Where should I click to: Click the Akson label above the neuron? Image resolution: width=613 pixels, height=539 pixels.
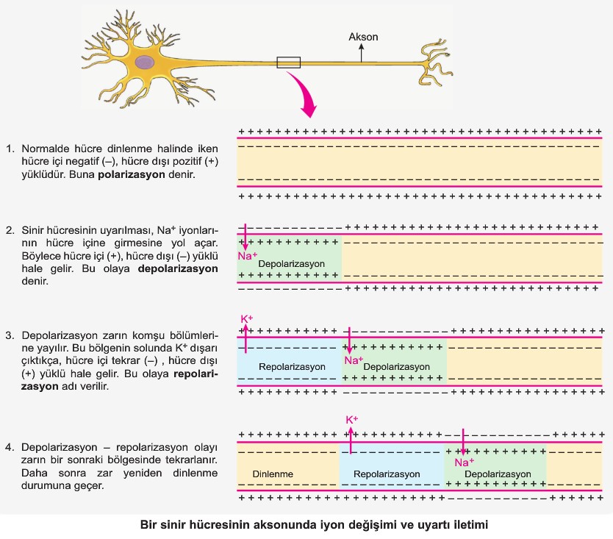tap(364, 36)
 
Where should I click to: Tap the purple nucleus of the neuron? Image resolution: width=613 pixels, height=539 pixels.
tap(146, 63)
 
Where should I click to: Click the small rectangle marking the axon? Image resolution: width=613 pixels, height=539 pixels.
tap(288, 63)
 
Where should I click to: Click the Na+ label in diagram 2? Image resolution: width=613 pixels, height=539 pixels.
tap(247, 256)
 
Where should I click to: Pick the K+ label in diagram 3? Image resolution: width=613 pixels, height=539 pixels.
tap(247, 319)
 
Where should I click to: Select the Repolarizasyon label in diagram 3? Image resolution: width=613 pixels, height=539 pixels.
tap(292, 366)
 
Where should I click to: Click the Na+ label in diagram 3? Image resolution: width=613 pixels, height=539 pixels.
tap(354, 360)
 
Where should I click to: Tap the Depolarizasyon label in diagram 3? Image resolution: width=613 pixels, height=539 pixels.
tap(397, 366)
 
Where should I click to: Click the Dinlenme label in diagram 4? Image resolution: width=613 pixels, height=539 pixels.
tap(273, 474)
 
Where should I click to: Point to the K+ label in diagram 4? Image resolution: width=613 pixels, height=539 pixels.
tap(351, 420)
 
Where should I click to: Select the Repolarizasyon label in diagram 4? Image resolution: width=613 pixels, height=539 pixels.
tap(387, 474)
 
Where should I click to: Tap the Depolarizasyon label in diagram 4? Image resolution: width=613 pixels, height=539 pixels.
tap(498, 474)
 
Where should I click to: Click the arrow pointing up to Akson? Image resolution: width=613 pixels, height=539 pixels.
tap(361, 51)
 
